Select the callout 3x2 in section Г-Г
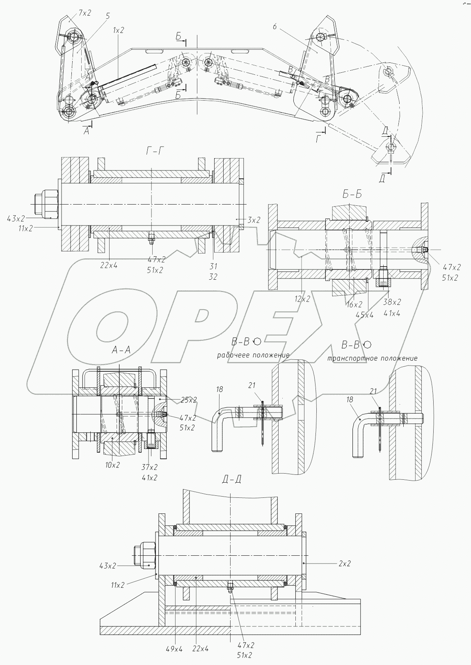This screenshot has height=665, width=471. [253, 220]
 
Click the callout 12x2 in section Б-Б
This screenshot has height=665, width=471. [302, 299]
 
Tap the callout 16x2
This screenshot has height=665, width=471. [354, 305]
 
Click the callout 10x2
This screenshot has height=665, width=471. [111, 465]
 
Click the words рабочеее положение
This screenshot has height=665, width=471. [253, 355]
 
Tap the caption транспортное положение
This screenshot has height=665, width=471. [372, 359]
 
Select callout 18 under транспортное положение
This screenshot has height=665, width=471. [350, 399]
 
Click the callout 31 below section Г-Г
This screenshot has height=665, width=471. [213, 267]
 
